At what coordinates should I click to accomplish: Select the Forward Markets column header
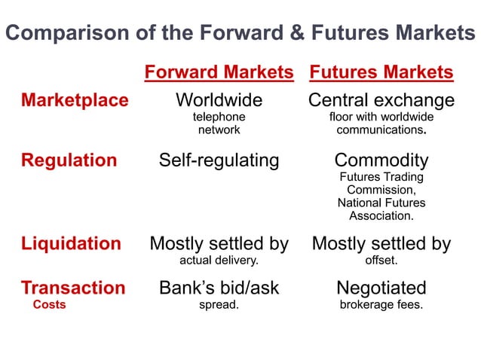219,72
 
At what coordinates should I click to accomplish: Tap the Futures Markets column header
381,72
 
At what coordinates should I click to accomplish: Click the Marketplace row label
75,100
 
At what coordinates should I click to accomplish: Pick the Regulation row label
69,160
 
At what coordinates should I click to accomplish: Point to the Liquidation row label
71,243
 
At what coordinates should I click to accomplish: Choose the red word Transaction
73,288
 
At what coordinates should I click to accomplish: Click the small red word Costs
50,305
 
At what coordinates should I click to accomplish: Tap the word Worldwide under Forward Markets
219,100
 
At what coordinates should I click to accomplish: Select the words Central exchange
381,100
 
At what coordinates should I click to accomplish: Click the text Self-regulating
219,160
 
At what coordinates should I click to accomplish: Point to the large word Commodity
381,160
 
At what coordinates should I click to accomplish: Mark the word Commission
381,190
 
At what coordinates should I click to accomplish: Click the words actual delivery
219,261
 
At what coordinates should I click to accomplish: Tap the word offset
381,261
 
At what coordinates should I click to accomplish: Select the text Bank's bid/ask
219,288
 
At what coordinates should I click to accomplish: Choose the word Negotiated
381,288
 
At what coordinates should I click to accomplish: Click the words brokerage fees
381,305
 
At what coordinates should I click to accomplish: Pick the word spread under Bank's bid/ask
219,305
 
